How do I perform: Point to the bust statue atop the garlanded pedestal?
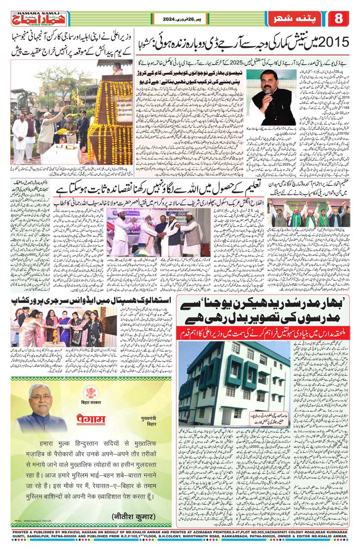[117, 68]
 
